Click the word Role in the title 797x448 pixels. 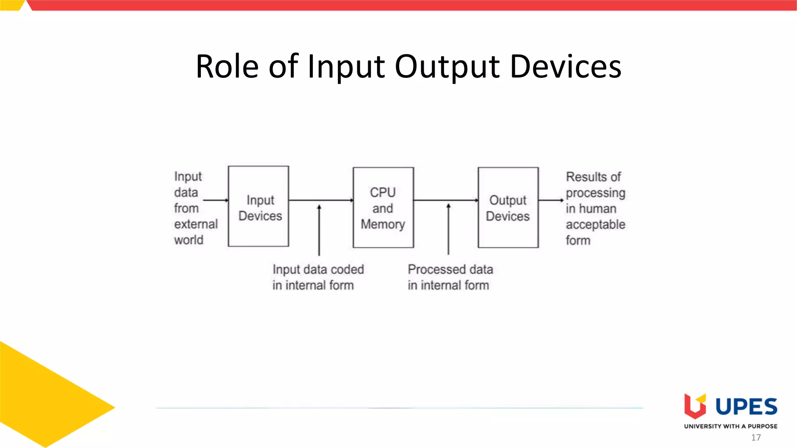(x=227, y=66)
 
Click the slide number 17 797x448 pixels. (x=756, y=437)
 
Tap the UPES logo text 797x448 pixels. (x=746, y=407)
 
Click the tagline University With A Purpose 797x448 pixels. (x=730, y=426)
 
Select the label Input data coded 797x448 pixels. (x=318, y=269)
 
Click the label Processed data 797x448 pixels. (x=450, y=269)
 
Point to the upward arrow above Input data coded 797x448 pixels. (x=319, y=229)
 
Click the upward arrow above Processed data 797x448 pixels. (x=448, y=229)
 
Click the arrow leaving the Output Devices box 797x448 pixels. (x=551, y=200)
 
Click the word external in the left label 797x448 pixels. (x=196, y=224)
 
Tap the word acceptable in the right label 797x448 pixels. (x=595, y=224)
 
